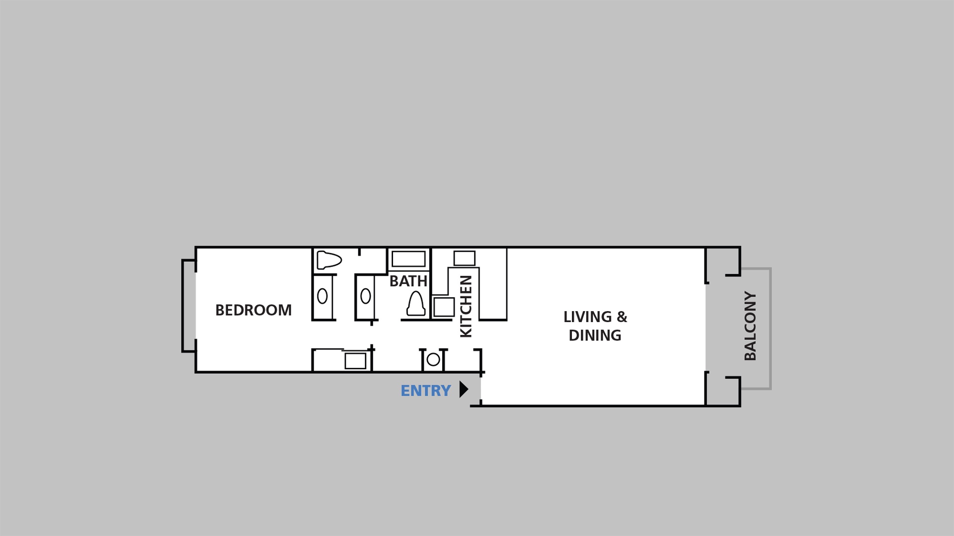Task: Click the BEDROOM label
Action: (x=253, y=310)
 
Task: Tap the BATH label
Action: (x=408, y=281)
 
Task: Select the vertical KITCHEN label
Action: (x=466, y=306)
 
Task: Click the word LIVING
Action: (x=587, y=317)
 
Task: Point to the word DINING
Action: (x=595, y=335)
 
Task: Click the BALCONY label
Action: (x=750, y=326)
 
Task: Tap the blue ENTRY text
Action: (x=426, y=391)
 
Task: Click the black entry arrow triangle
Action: (x=464, y=389)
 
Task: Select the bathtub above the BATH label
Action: (x=408, y=259)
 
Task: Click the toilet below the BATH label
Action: (x=416, y=304)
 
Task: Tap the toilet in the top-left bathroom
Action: (x=329, y=260)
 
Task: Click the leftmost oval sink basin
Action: (x=322, y=296)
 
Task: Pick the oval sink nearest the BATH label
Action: (x=366, y=296)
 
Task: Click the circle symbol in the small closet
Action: (x=433, y=359)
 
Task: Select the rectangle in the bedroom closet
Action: (x=355, y=361)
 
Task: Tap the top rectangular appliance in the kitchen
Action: (x=465, y=258)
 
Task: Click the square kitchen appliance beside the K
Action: (x=444, y=307)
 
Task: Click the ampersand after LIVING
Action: (x=622, y=317)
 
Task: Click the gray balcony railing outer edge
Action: (x=770, y=329)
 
